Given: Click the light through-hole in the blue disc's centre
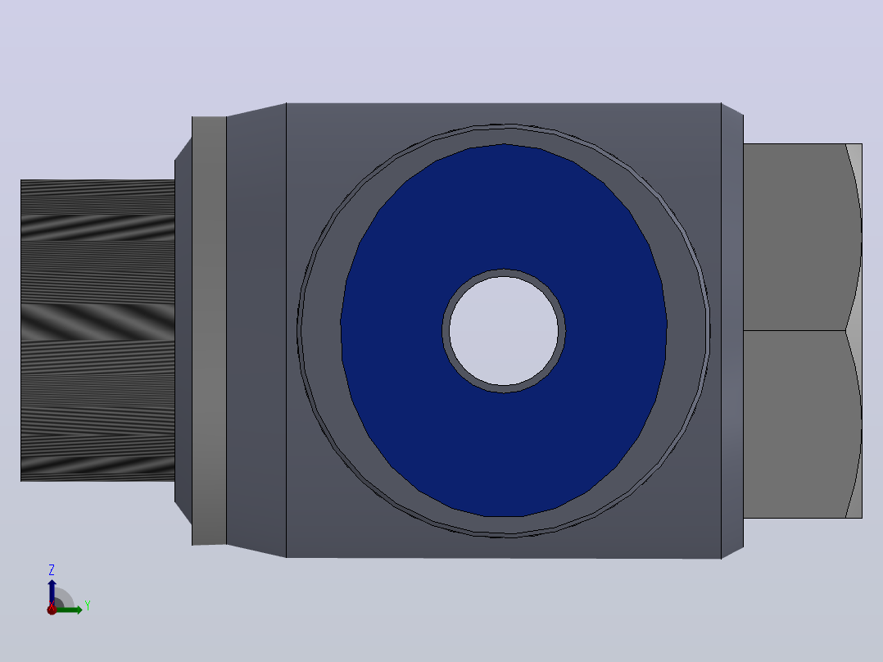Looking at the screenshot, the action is click(504, 331).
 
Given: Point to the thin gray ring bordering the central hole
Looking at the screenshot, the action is click(504, 272).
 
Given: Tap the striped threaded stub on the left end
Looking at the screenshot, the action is click(97, 331).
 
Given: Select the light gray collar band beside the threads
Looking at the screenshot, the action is click(209, 331).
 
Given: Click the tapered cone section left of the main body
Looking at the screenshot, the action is click(256, 331).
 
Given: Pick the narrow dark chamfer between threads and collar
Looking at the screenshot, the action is click(183, 331).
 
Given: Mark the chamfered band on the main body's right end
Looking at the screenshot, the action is click(732, 331).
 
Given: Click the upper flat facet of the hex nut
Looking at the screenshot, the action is click(794, 238).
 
